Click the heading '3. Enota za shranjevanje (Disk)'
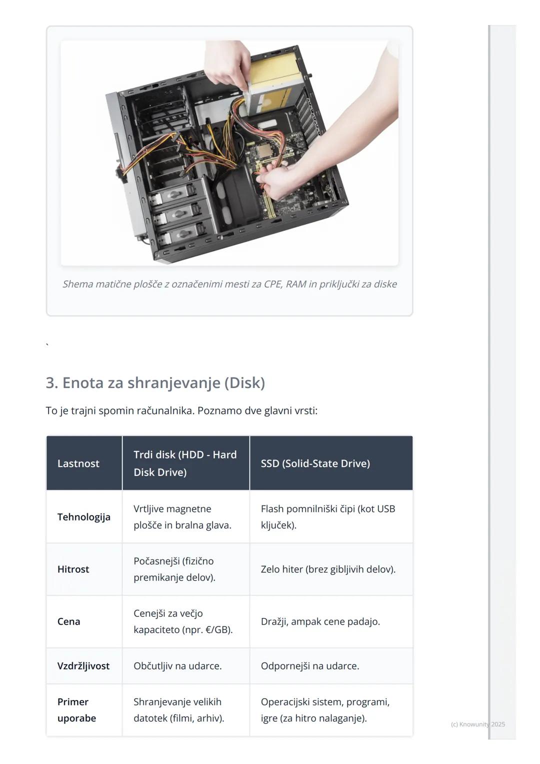pos(155,383)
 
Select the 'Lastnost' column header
pos(78,463)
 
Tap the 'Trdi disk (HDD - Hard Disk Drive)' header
pos(185,463)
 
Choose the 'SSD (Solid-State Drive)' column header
pos(315,463)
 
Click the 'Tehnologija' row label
pos(83,517)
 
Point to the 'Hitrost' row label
pos(73,569)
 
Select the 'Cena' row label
pos(68,621)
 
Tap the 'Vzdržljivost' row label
pos(83,666)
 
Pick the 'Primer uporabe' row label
pos(76,710)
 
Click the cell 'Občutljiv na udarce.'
pos(177,666)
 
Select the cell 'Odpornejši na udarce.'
pos(309,666)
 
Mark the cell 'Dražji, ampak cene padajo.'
pos(320,621)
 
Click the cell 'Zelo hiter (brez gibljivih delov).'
pos(328,569)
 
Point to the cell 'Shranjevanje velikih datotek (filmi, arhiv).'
pos(178,710)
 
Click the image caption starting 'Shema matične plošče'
pos(229,284)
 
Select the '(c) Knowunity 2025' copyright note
pos(477,724)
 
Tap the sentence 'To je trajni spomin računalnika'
pos(181,411)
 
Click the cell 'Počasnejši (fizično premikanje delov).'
pos(174,569)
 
